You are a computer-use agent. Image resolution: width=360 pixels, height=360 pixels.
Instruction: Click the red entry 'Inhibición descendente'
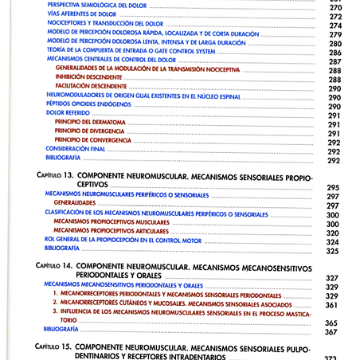pos(88,78)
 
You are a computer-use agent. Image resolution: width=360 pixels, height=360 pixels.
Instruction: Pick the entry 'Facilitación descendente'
pos(92,87)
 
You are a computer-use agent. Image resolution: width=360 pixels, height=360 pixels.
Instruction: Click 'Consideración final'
pos(76,149)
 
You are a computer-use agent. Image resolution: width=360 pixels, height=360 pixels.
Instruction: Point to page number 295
pos(333,187)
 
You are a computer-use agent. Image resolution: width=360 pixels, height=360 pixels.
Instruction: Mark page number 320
pos(333,233)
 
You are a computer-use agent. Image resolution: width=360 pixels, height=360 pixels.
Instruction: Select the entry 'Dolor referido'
pos(67,113)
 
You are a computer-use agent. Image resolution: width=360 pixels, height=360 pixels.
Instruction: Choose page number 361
pos(332,304)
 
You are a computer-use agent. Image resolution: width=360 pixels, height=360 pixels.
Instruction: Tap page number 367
pos(332,332)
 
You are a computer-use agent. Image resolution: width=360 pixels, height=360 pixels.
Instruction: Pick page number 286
pos(335,53)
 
